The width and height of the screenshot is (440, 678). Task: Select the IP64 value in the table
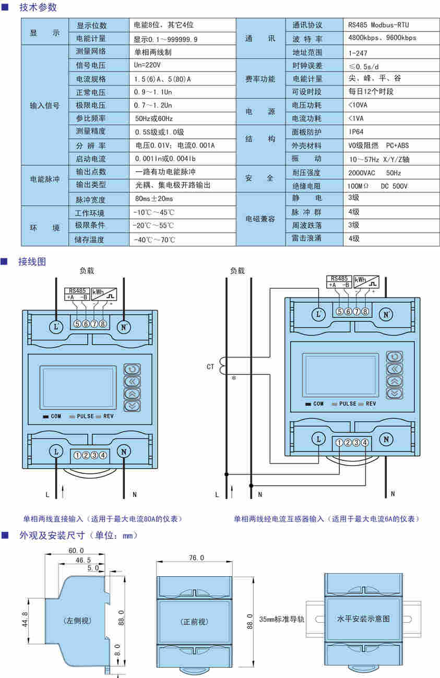pyautogui.click(x=356, y=132)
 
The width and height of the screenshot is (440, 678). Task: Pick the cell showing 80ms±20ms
pyautogui.click(x=154, y=199)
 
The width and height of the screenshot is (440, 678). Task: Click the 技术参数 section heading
pyautogui.click(x=38, y=7)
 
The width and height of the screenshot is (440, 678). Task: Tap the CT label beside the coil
pyautogui.click(x=210, y=367)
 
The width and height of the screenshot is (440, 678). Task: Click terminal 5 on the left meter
pyautogui.click(x=77, y=324)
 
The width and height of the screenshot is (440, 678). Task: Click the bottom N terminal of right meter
pyautogui.click(x=386, y=439)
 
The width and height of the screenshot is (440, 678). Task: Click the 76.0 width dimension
pyautogui.click(x=196, y=558)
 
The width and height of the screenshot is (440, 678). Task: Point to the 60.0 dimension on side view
pyautogui.click(x=76, y=551)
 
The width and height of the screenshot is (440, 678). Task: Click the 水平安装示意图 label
pyautogui.click(x=364, y=619)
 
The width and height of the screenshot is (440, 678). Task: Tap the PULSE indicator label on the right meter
pyautogui.click(x=348, y=404)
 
